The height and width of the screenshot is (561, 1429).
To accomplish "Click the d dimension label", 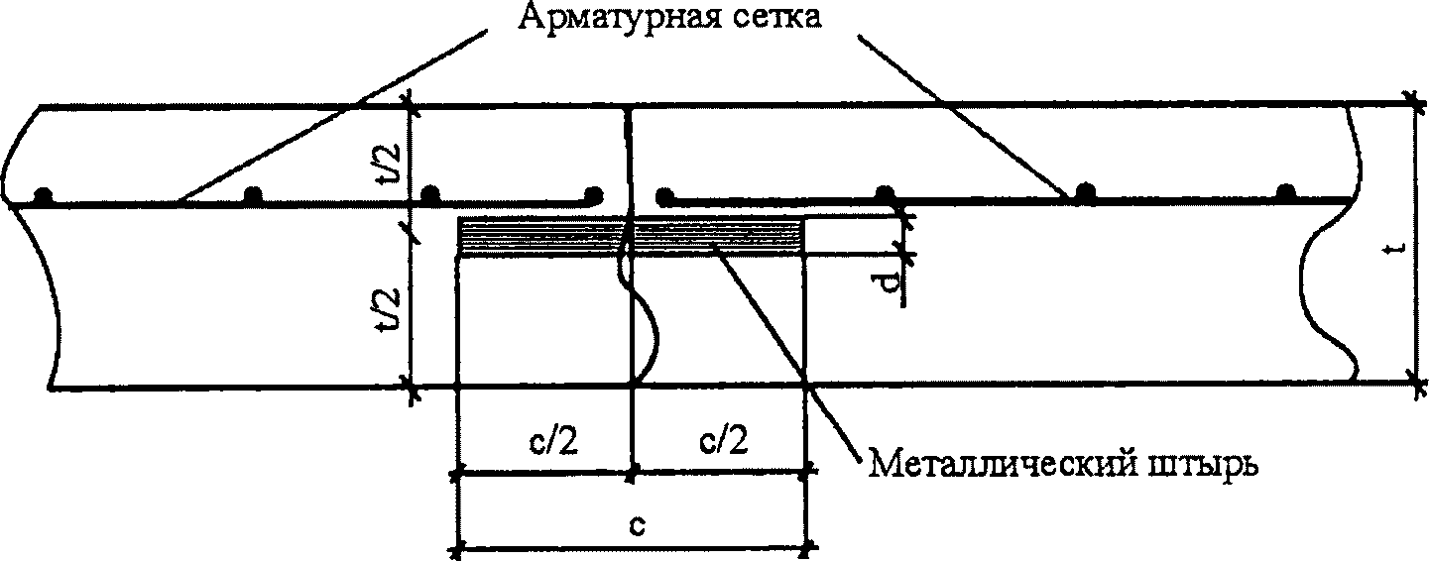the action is tap(890, 284).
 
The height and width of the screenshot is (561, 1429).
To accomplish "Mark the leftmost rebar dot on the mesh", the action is tap(42, 195).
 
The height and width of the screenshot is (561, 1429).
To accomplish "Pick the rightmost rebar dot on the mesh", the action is tap(1286, 191).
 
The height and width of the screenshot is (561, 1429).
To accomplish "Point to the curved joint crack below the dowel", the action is tap(643, 317).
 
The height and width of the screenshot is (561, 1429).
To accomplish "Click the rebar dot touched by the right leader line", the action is tap(1087, 192).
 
